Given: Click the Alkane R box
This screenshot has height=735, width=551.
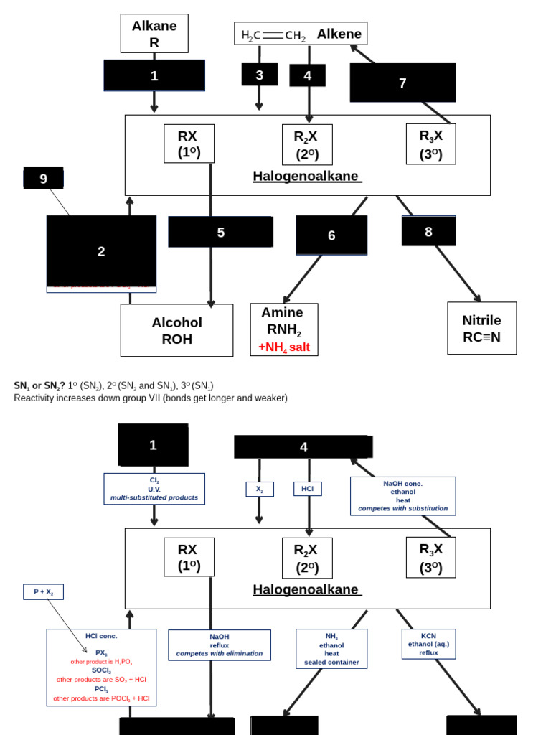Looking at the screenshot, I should click(154, 34).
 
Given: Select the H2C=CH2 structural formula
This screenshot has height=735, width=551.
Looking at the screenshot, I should click(273, 34).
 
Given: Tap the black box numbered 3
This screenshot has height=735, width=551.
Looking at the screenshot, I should click(259, 75).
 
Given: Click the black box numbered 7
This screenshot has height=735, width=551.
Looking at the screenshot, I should click(402, 83).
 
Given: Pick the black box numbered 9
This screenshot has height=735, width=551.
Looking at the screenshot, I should click(43, 178).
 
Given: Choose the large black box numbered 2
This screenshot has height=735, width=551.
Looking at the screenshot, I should click(101, 251).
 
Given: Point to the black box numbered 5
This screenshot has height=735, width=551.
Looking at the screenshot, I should click(220, 232).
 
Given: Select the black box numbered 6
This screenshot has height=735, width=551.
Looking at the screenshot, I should click(331, 235).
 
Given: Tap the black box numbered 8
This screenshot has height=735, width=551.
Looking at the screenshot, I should click(428, 231).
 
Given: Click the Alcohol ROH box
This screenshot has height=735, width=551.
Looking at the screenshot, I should click(176, 330).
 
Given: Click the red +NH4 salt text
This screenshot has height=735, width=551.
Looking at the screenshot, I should click(284, 347).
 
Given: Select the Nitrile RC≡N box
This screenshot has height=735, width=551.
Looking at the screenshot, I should click(481, 328).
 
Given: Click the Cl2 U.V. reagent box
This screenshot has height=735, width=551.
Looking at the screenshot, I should click(154, 489).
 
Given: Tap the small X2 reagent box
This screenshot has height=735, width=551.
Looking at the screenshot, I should click(260, 489).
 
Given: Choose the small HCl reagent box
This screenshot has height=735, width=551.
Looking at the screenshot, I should click(307, 489).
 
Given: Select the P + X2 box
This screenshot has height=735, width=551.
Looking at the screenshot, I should click(43, 591).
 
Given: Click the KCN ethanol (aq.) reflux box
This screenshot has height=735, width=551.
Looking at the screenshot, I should click(428, 644).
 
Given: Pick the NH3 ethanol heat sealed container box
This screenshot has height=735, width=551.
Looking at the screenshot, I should click(331, 649).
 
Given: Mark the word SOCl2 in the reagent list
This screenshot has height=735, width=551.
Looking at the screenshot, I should click(101, 670).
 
